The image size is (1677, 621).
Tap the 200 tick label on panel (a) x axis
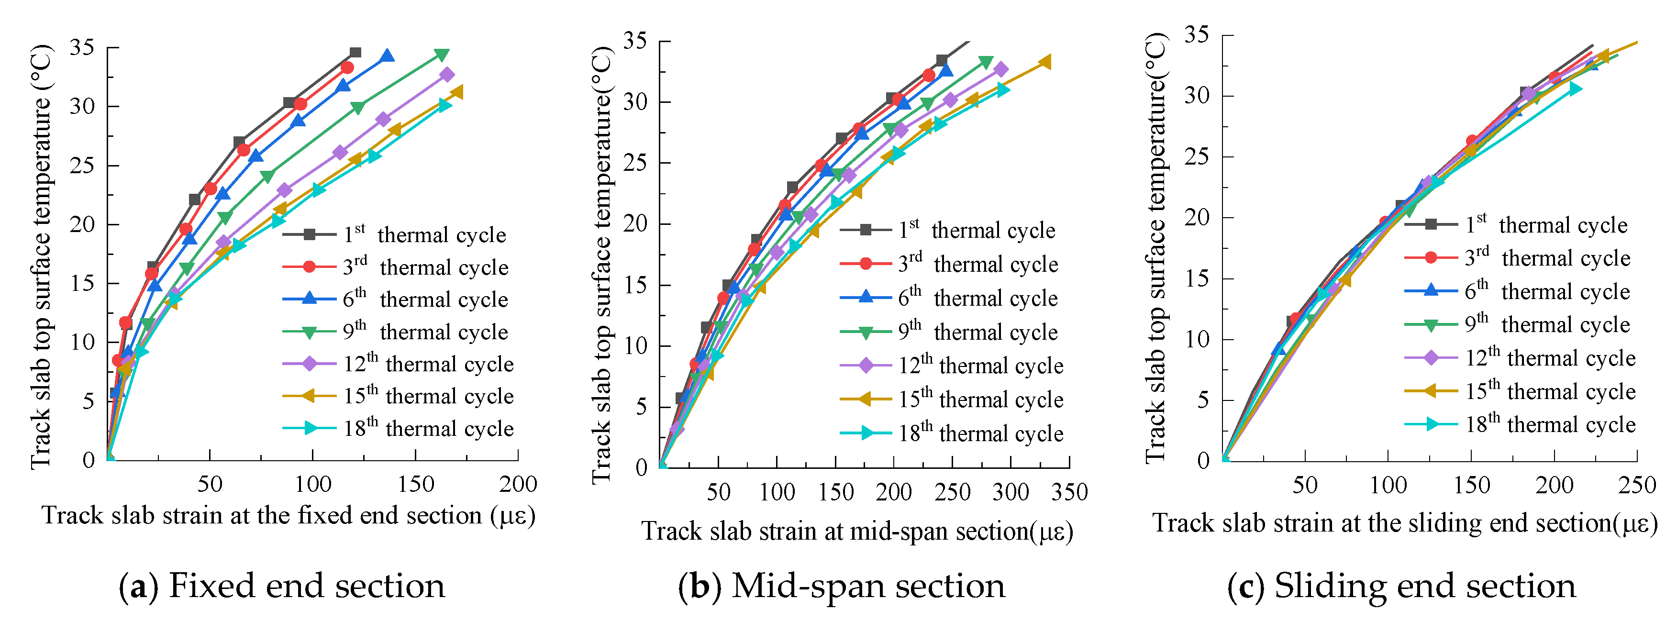tap(518, 484)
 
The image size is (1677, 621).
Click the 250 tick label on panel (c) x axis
tap(1637, 485)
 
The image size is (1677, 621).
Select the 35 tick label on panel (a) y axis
tap(82, 47)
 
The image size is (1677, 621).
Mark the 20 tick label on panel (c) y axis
tap(1197, 217)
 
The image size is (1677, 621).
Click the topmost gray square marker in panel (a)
tap(355, 53)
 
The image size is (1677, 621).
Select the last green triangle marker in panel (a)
tap(442, 55)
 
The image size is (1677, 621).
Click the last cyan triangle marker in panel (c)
tap(1574, 89)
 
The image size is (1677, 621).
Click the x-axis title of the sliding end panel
tap(1405, 523)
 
